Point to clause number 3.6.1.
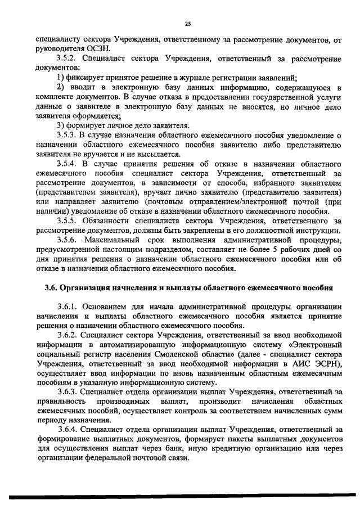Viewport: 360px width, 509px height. pos(69,307)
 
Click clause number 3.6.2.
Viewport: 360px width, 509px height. pos(69,336)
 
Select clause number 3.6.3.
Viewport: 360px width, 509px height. pos(69,393)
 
